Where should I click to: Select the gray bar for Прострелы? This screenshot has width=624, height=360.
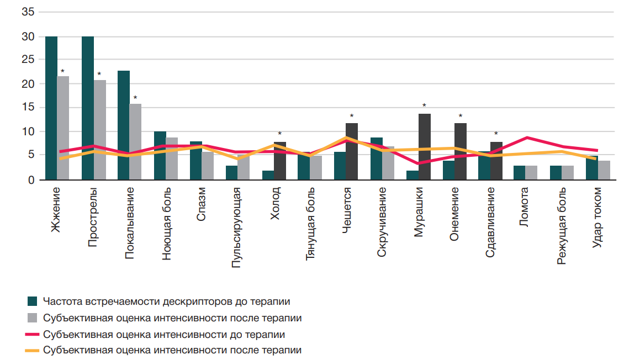click(x=100, y=130)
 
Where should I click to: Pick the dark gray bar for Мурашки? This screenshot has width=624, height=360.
click(x=425, y=147)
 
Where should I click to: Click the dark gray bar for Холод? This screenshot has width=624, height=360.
click(x=280, y=161)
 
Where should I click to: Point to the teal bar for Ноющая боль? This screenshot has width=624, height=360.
click(x=160, y=156)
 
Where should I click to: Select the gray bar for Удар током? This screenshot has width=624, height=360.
click(x=605, y=170)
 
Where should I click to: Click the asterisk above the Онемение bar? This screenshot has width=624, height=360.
click(x=461, y=117)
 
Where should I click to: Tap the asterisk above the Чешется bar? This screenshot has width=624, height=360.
click(x=352, y=117)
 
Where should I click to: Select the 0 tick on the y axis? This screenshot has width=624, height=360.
click(x=31, y=180)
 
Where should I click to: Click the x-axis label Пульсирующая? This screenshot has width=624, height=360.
click(x=236, y=226)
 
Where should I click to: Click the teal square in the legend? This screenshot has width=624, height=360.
click(x=32, y=301)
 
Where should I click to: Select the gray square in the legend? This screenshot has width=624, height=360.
click(x=32, y=318)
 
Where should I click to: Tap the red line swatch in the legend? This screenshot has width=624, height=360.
click(x=32, y=334)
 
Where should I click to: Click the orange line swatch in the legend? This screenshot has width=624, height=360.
click(x=32, y=350)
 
